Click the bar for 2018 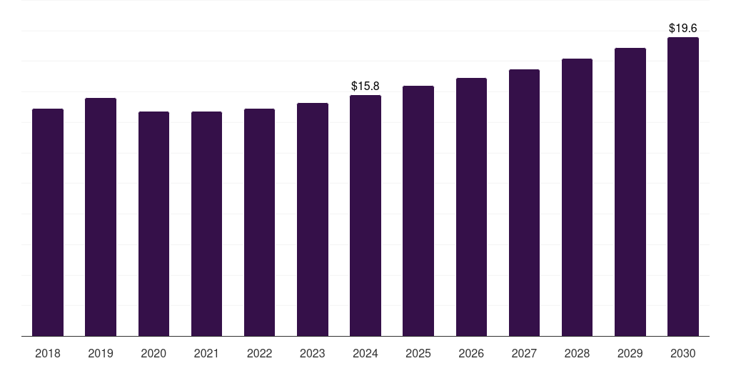pyautogui.click(x=48, y=222)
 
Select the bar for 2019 pyautogui.click(x=101, y=217)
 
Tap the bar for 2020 pyautogui.click(x=153, y=224)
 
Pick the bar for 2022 pyautogui.click(x=259, y=222)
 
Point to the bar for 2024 pyautogui.click(x=365, y=215)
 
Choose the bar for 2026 pyautogui.click(x=471, y=207)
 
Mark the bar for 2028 pyautogui.click(x=577, y=197)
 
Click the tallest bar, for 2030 pyautogui.click(x=683, y=187)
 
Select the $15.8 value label pyautogui.click(x=365, y=86)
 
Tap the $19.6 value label pyautogui.click(x=683, y=29)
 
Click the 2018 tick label pyautogui.click(x=48, y=353)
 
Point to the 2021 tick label pyautogui.click(x=206, y=353)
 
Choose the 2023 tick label pyautogui.click(x=313, y=353)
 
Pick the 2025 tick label pyautogui.click(x=418, y=353)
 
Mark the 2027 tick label pyautogui.click(x=524, y=353)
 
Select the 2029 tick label pyautogui.click(x=630, y=353)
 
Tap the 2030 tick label pyautogui.click(x=683, y=353)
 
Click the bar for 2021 pyautogui.click(x=206, y=224)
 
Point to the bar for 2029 pyautogui.click(x=630, y=192)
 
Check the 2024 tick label pyautogui.click(x=365, y=353)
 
